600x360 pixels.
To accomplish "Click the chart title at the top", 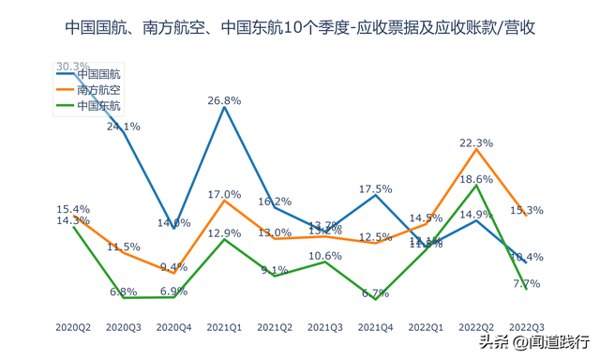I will click(300, 28).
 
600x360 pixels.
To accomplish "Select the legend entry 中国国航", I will click(97, 73).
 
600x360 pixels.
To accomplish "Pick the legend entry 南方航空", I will click(97, 90).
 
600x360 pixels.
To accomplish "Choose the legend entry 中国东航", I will click(97, 107).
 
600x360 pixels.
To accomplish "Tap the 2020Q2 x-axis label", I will click(72, 327).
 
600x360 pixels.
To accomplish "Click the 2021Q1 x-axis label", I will click(224, 327).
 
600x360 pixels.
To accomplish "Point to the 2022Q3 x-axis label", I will click(527, 327).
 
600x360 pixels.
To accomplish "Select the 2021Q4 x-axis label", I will click(375, 327).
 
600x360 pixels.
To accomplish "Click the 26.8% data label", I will click(224, 100).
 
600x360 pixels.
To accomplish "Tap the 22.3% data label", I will click(476, 143).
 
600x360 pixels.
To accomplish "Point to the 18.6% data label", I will click(476, 179).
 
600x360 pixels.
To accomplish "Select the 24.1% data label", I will click(123, 127).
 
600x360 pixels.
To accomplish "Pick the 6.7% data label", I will click(375, 292).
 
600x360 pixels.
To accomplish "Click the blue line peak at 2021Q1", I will click(224, 107).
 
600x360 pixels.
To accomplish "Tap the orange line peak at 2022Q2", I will click(476, 150).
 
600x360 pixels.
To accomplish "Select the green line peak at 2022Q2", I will click(476, 186).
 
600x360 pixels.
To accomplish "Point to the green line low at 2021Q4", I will click(375, 299).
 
